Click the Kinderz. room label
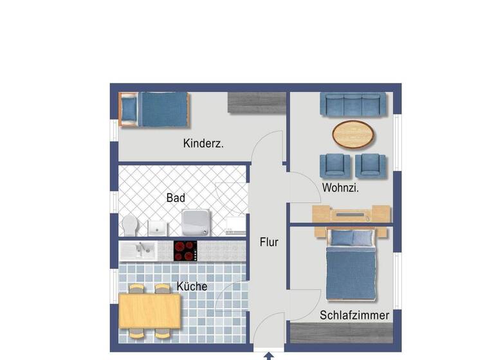click(203, 144)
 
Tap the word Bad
click(175, 198)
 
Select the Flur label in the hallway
click(269, 242)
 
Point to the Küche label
click(192, 286)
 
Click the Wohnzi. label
click(340, 188)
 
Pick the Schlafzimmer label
click(354, 315)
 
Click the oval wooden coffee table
click(354, 134)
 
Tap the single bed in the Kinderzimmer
click(154, 109)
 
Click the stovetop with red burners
click(186, 250)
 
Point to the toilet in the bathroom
click(130, 226)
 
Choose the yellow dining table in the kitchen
click(149, 310)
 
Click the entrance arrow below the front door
click(269, 355)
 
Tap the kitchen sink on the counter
click(136, 249)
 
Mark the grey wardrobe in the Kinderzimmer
click(257, 103)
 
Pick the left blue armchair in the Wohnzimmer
click(338, 165)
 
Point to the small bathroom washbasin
click(158, 227)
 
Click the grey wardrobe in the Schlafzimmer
click(341, 332)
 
